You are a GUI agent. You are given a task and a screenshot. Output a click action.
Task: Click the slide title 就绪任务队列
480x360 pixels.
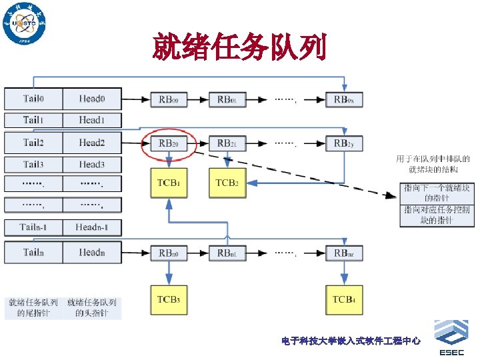239,47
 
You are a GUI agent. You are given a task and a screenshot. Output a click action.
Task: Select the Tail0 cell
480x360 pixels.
34,99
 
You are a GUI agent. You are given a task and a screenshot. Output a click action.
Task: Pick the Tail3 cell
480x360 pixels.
34,164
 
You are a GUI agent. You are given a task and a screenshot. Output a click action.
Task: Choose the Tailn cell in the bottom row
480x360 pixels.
34,252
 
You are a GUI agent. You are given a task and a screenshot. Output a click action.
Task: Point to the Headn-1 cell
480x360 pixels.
92,227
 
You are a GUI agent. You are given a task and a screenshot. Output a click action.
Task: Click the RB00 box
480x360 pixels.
168,99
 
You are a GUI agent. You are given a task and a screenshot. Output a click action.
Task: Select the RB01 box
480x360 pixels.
227,99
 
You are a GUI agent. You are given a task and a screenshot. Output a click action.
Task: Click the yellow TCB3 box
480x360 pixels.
168,299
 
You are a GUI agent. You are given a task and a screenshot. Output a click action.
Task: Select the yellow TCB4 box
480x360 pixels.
344,299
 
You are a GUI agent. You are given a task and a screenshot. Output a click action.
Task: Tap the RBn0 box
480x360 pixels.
168,253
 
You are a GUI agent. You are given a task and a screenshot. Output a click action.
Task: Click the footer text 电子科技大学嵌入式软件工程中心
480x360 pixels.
351,341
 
